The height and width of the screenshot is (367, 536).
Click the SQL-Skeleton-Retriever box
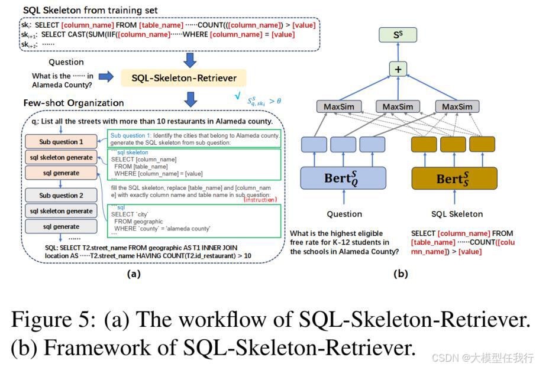pyautogui.click(x=183, y=77)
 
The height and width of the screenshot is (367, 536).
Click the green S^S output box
pyautogui.click(x=398, y=35)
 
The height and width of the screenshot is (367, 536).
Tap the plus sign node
pyautogui.click(x=398, y=69)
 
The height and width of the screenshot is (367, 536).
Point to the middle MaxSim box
pyautogui.click(x=398, y=107)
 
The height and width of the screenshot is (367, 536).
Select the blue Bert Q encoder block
pyautogui.click(x=343, y=177)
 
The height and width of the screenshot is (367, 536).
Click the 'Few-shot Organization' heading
pyautogui.click(x=74, y=103)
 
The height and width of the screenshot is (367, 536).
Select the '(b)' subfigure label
pyautogui.click(x=401, y=274)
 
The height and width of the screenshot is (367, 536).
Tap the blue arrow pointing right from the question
pyautogui.click(x=106, y=76)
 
